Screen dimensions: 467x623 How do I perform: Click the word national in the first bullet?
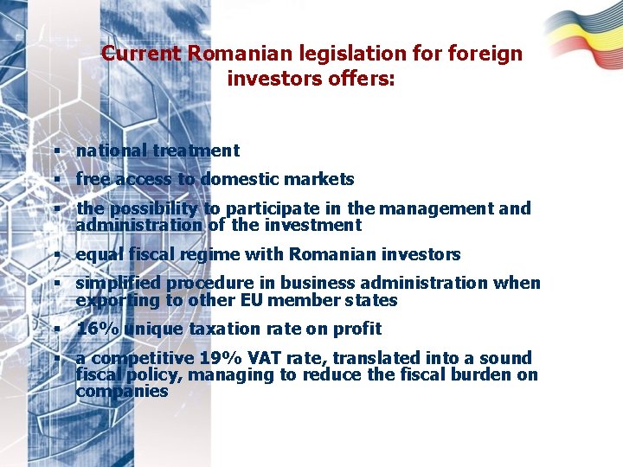click(112, 150)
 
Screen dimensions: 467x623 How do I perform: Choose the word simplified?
click(119, 284)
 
